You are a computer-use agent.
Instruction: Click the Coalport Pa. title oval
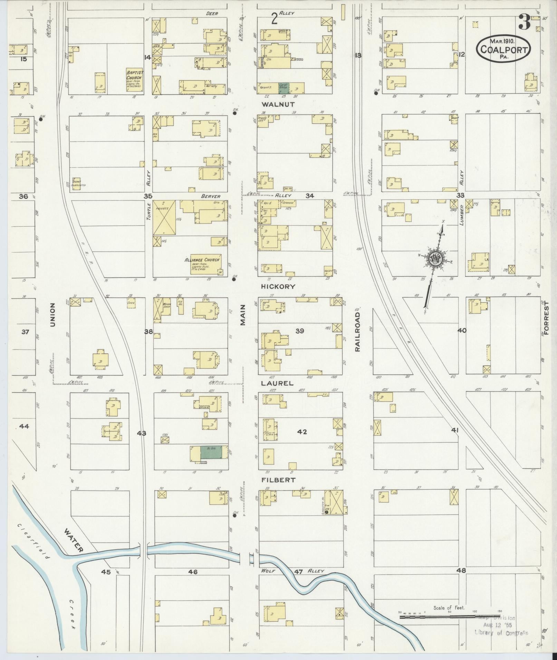point(503,49)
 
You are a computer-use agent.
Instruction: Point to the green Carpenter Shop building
point(283,88)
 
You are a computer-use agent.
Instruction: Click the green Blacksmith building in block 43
point(209,452)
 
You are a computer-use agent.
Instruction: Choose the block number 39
point(300,331)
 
